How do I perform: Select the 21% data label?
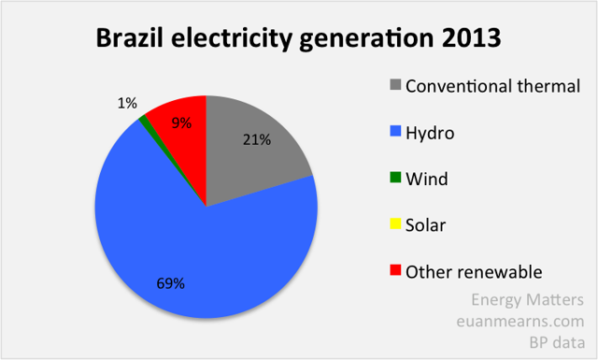coord(257,140)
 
